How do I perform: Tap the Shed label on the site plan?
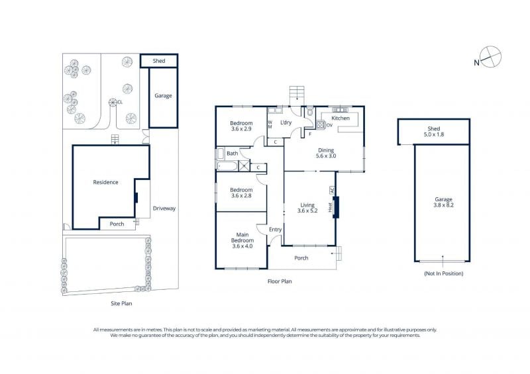pyautogui.click(x=159, y=61)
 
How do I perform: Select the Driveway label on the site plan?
pyautogui.click(x=164, y=209)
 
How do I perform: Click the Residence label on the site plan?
pyautogui.click(x=105, y=182)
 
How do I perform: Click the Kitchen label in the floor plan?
pyautogui.click(x=341, y=118)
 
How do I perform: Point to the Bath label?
pyautogui.click(x=233, y=154)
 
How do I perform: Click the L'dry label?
pyautogui.click(x=286, y=122)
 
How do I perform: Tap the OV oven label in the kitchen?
pyautogui.click(x=329, y=125)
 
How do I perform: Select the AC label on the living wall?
pyautogui.click(x=332, y=190)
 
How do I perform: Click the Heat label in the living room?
pyautogui.click(x=330, y=207)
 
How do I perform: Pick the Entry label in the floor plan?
pyautogui.click(x=275, y=230)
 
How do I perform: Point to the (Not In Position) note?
pyautogui.click(x=443, y=273)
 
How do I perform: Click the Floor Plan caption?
pyautogui.click(x=280, y=281)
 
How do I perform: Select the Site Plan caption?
pyautogui.click(x=121, y=303)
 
